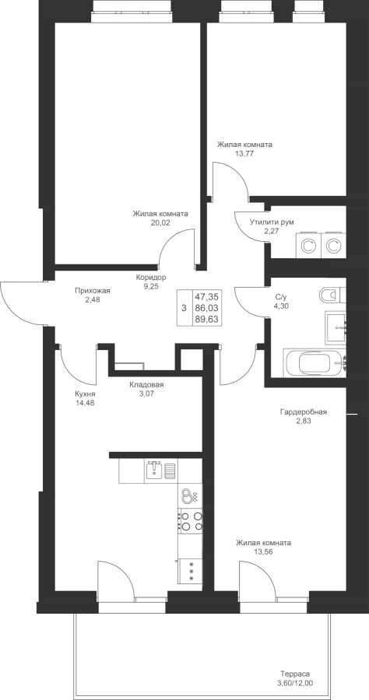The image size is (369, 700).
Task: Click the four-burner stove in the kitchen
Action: point(190,521)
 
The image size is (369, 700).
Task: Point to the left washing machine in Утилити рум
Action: point(307,245)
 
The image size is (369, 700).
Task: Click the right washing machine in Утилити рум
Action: point(333,245)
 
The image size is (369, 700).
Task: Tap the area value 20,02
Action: point(160,222)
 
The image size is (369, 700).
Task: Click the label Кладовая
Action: point(146,385)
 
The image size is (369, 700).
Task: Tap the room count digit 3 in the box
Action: point(184,307)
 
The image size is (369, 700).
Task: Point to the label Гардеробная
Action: point(304,412)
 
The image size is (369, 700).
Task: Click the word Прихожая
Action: point(93,291)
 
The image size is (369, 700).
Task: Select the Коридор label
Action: point(151,278)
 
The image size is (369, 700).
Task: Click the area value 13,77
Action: point(244,153)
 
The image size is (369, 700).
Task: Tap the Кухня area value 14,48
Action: point(86,403)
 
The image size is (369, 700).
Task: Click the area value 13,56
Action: point(264,551)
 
